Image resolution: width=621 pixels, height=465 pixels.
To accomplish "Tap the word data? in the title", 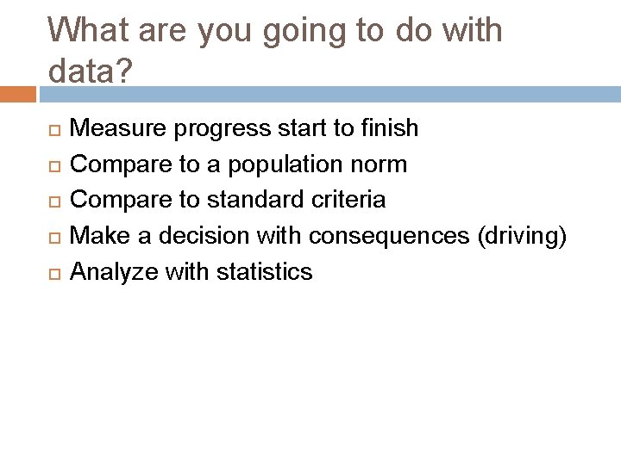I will coord(91,71).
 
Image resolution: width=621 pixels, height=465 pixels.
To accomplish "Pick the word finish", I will coord(389,128).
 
